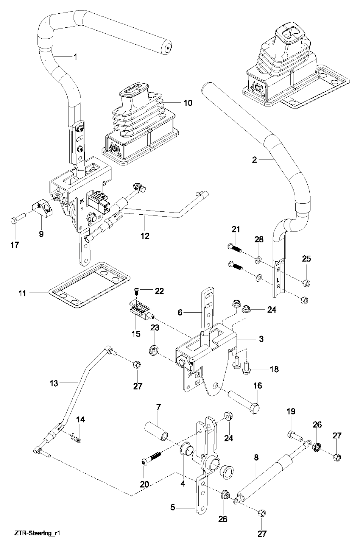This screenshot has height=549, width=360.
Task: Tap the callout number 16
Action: click(x=258, y=386)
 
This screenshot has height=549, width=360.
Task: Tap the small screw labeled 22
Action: click(x=137, y=290)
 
